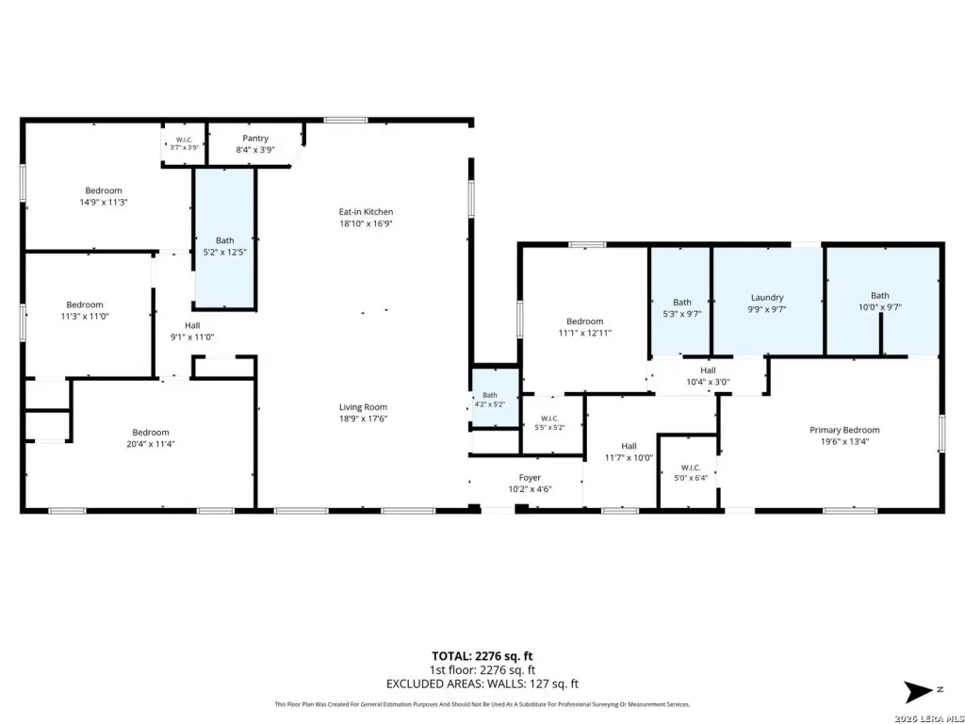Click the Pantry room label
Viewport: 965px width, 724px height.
[255, 139]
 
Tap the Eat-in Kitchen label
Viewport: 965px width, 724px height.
[366, 212]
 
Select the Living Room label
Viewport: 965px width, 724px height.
[363, 407]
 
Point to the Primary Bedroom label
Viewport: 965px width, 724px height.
[844, 430]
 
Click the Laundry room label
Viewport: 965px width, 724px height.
[767, 297]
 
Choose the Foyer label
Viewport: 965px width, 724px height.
[530, 477]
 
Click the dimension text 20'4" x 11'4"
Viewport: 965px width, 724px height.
[151, 444]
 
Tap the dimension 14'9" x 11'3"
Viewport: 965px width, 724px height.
[104, 202]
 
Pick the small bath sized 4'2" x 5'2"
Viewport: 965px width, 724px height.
[494, 398]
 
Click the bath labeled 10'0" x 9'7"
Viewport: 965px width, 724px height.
[882, 302]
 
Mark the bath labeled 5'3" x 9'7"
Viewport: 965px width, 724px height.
[680, 302]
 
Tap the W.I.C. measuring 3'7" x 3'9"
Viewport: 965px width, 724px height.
[185, 144]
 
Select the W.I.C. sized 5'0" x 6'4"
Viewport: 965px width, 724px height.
[688, 472]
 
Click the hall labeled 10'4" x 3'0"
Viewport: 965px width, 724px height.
[708, 375]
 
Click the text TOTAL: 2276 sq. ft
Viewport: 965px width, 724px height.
[482, 656]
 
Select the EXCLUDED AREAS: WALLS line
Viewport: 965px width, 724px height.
[482, 683]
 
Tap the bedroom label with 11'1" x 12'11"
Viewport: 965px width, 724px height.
[584, 327]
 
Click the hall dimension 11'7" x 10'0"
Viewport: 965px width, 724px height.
[629, 457]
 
